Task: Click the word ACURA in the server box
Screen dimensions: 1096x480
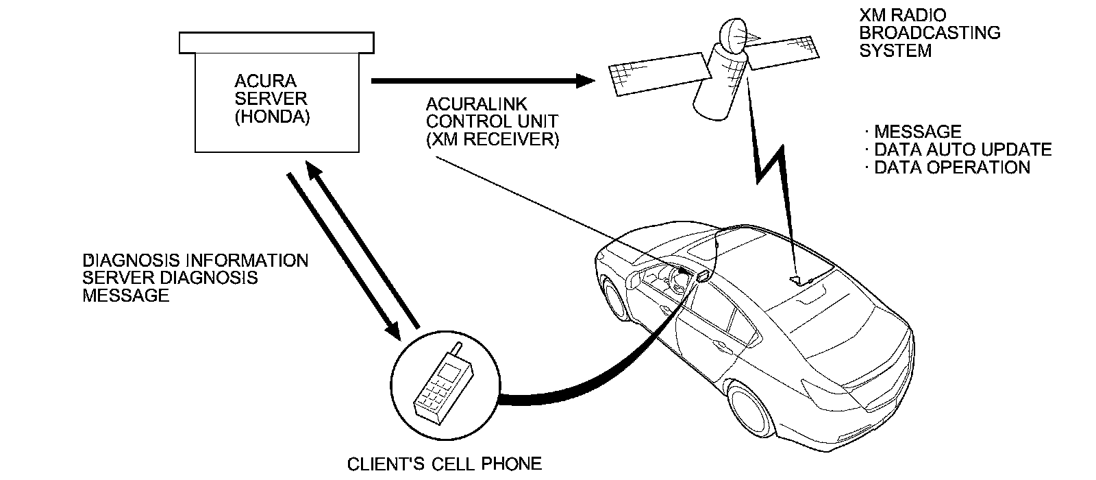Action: click(x=265, y=81)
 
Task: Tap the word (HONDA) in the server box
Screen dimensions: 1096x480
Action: click(x=272, y=117)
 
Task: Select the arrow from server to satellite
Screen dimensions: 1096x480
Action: click(x=483, y=81)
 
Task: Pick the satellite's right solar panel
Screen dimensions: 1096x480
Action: click(x=784, y=52)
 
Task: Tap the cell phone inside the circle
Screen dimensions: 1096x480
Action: click(x=444, y=385)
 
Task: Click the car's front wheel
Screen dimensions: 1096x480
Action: click(x=616, y=298)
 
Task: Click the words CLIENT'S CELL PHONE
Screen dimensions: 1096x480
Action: click(x=445, y=464)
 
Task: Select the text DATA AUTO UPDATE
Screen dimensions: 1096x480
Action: click(x=963, y=149)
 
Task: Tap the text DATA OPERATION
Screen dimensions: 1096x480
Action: click(x=952, y=167)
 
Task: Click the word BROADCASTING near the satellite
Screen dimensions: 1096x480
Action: click(x=930, y=33)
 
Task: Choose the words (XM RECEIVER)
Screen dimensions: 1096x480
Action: click(x=493, y=140)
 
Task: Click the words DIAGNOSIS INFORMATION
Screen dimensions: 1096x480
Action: click(x=195, y=260)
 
